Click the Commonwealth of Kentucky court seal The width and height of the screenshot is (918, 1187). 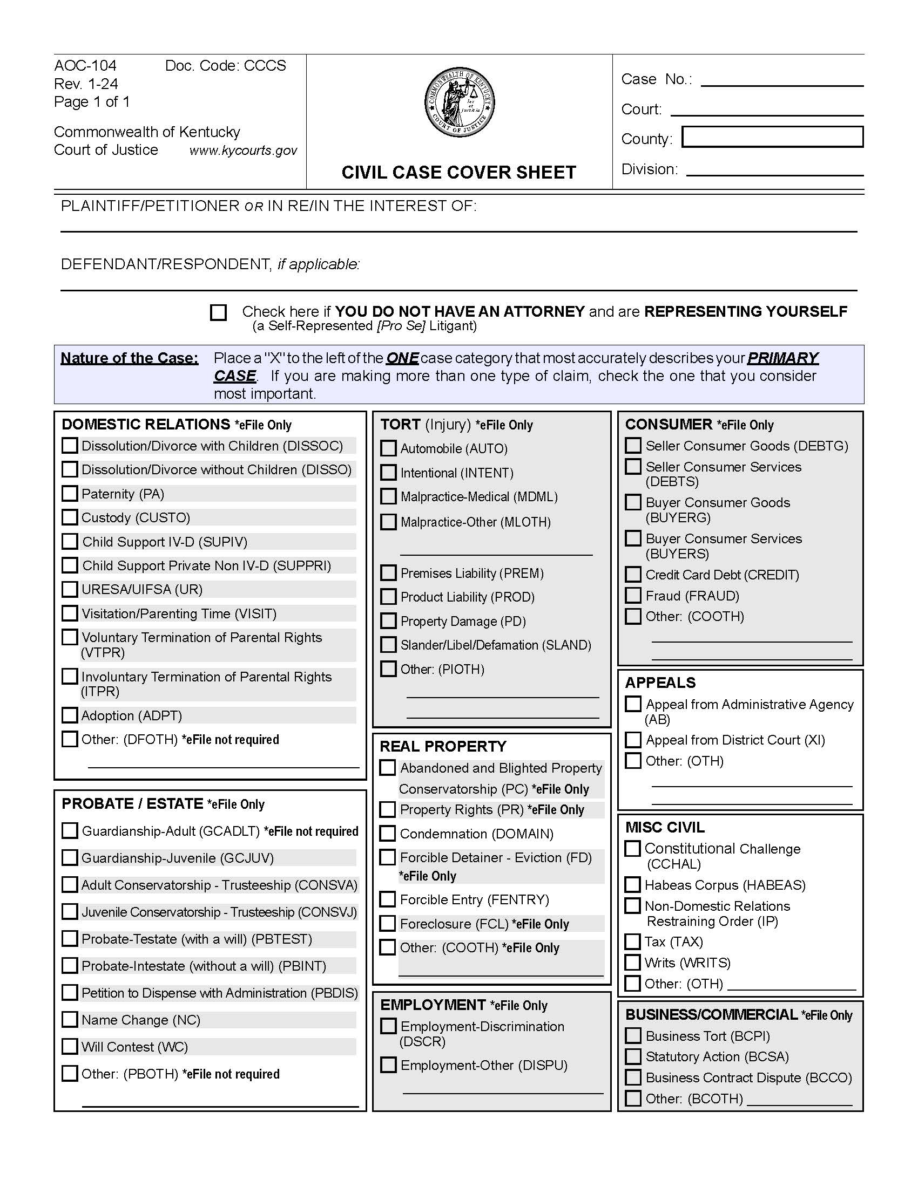(x=460, y=103)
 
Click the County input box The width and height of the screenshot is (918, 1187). (x=772, y=137)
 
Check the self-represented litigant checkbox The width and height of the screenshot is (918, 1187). (x=218, y=312)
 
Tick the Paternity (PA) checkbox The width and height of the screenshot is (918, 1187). (x=70, y=494)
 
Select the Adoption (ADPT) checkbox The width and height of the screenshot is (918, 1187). (x=70, y=715)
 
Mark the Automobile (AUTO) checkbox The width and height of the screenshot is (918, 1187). (x=388, y=448)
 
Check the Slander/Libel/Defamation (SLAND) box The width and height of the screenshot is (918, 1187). (x=388, y=645)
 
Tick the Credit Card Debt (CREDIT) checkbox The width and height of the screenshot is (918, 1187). (x=633, y=575)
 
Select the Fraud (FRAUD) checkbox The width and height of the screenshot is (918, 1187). (x=633, y=596)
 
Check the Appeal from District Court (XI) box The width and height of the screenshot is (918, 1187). (x=633, y=740)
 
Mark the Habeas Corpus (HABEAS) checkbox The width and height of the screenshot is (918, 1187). (x=632, y=885)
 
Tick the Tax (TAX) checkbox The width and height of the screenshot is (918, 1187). (x=632, y=942)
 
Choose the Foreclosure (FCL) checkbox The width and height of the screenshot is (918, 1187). (x=387, y=923)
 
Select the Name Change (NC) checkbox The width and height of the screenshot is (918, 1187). (x=70, y=1020)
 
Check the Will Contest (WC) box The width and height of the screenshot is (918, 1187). (x=70, y=1046)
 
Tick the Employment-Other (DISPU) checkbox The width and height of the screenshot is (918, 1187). (x=388, y=1065)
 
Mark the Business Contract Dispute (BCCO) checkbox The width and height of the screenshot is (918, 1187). (x=633, y=1077)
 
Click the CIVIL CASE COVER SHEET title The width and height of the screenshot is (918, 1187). (x=458, y=172)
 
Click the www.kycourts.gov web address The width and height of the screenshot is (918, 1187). (x=243, y=151)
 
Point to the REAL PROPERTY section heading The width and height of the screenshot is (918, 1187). (x=443, y=746)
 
